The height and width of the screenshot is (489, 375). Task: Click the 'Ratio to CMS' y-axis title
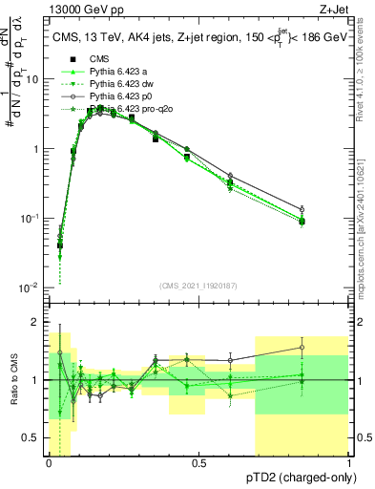tap(14, 380)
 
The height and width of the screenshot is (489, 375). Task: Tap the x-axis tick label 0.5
tap(199, 463)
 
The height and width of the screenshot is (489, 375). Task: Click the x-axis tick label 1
tap(349, 463)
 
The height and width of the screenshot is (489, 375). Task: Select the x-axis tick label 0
tap(50, 463)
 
